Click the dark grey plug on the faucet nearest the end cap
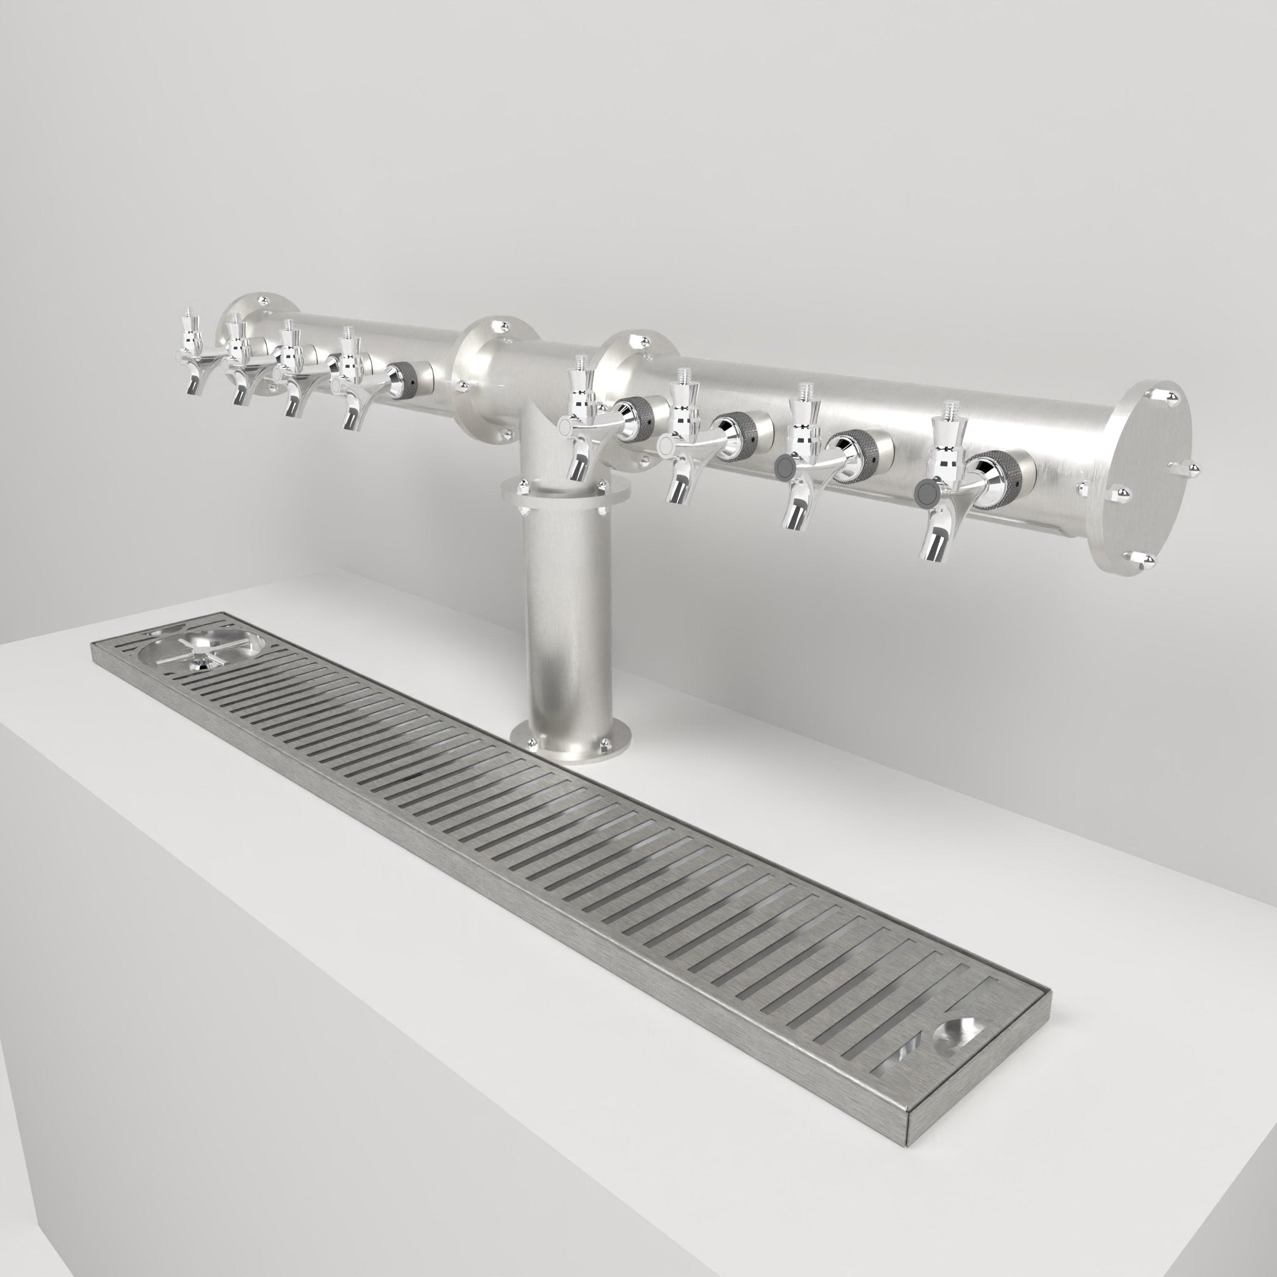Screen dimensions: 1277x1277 coord(926,492)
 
